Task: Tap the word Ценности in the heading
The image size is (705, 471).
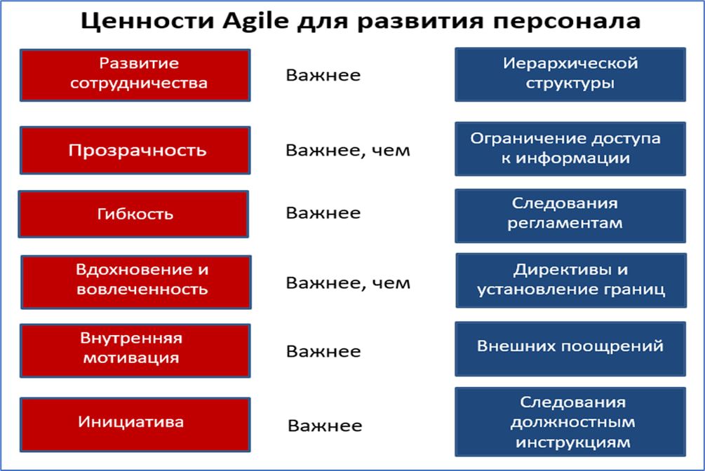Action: (147, 21)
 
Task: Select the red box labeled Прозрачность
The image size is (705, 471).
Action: (135, 150)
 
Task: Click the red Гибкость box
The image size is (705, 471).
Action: (133, 214)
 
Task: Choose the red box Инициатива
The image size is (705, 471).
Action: (135, 424)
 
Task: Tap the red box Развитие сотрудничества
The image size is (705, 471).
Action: (135, 75)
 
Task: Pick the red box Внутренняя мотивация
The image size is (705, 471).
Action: (135, 350)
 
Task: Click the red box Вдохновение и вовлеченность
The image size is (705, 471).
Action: (136, 282)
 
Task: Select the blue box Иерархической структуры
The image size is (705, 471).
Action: (570, 74)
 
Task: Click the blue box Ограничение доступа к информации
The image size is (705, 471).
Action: (570, 149)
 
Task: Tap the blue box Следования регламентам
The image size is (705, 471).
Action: (570, 216)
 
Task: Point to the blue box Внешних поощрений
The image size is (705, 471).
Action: (570, 349)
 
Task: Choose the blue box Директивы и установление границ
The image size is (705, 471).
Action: (572, 280)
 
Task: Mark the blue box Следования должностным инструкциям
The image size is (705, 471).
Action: (570, 421)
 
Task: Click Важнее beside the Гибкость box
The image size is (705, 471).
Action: (323, 213)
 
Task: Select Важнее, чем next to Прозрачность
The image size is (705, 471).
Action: (348, 151)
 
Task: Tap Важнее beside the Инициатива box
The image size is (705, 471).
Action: (325, 425)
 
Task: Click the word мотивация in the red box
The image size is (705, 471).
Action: (131, 358)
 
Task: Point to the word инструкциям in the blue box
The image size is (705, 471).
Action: (573, 443)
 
